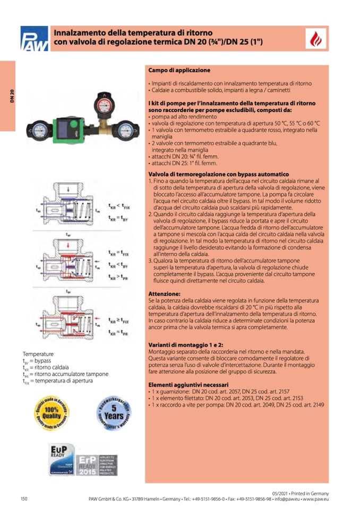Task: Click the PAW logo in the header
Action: (x=34, y=39)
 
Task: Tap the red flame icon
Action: (x=316, y=39)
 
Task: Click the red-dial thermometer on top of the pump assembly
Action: (x=102, y=104)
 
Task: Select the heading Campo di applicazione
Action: (x=178, y=70)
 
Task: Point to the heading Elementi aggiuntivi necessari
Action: (x=188, y=384)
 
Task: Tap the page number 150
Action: (x=24, y=498)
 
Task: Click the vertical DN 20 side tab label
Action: (x=11, y=96)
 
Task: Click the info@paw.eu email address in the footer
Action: (x=286, y=499)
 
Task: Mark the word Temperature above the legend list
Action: (x=38, y=353)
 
